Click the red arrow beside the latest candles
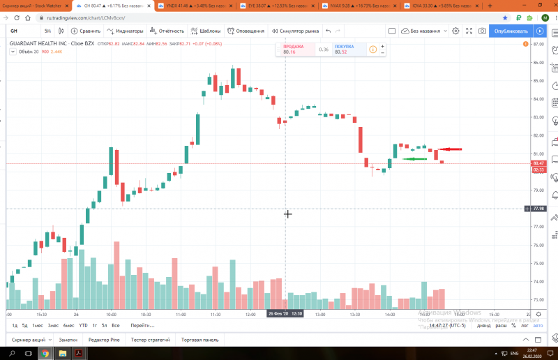coord(450,149)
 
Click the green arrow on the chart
coord(415,159)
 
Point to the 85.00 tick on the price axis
coord(537,80)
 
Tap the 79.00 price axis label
coord(537,190)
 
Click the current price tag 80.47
coord(538,163)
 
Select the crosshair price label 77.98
coord(538,209)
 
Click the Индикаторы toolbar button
coord(126,31)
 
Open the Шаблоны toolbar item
coord(206,31)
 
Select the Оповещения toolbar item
coord(246,31)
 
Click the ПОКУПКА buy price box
coord(347,50)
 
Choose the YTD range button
coord(83,325)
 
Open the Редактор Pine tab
coord(104,339)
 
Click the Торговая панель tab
coord(200,339)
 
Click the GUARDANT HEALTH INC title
coord(38,43)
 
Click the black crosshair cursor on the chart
coord(287,213)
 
